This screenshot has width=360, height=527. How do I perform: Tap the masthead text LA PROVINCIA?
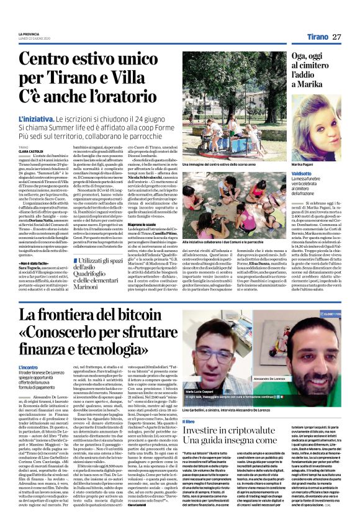(x=29, y=34)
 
